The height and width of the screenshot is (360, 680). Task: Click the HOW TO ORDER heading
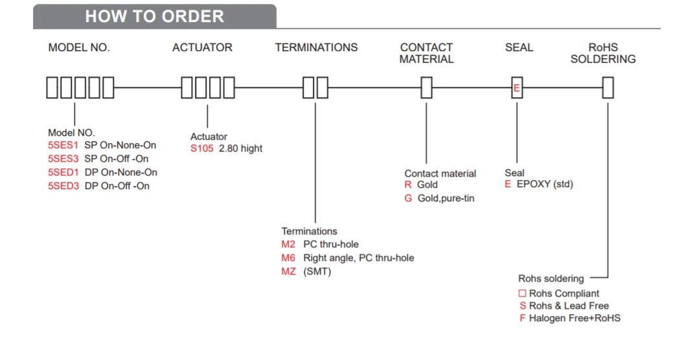tap(154, 16)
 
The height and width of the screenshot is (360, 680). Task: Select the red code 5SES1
tap(63, 145)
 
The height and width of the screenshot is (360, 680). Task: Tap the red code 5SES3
tap(63, 159)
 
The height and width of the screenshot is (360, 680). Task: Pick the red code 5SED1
tap(63, 172)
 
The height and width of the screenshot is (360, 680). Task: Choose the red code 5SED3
tap(63, 186)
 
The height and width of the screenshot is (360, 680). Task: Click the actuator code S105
tap(201, 148)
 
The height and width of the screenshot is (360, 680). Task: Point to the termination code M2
tap(288, 244)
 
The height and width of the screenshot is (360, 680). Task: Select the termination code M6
tap(288, 258)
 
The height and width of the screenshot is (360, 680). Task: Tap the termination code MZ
tap(288, 271)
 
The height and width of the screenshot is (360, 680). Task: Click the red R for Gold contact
tap(408, 185)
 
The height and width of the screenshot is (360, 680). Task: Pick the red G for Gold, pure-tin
tap(408, 198)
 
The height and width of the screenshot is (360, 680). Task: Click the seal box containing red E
tap(517, 87)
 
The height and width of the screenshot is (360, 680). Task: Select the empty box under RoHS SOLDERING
tap(607, 87)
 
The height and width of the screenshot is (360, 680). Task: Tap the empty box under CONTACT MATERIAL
tap(426, 87)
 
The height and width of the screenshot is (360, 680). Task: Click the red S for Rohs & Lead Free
tap(523, 306)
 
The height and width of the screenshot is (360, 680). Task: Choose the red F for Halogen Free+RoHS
tap(523, 318)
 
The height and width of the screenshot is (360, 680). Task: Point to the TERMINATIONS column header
tap(316, 47)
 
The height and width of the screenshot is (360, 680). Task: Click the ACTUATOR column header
tap(202, 47)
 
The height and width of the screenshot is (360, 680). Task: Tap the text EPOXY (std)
tap(545, 184)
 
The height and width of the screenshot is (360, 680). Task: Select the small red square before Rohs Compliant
tap(523, 293)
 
